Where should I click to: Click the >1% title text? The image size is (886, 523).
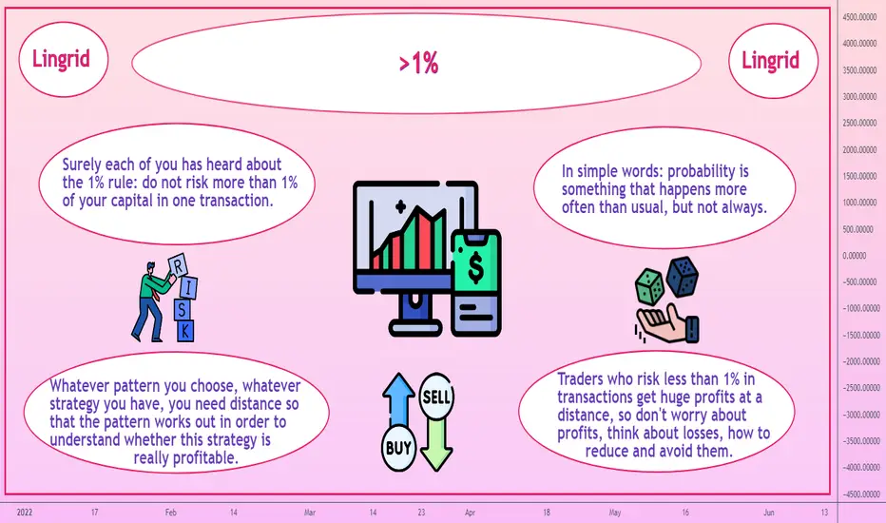coord(418,63)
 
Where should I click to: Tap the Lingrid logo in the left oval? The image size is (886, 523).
coord(61,59)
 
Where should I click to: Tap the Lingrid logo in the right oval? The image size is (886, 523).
coord(771,60)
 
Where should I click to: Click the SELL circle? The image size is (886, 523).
coord(436,396)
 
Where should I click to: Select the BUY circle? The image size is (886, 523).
coord(399,448)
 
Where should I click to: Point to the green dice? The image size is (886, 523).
coord(650,286)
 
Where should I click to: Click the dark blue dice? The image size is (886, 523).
coord(682,277)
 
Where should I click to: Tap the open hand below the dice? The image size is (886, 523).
coord(666,323)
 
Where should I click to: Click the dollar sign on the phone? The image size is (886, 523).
coord(475,267)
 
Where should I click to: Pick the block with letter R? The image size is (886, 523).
coord(178,265)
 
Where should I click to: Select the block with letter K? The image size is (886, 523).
coord(185,331)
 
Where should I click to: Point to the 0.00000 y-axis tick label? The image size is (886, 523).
coord(855,256)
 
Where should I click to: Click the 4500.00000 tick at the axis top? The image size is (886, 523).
coord(859,17)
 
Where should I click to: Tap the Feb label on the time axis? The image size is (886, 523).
coord(171,513)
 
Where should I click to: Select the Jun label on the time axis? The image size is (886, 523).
coord(769,513)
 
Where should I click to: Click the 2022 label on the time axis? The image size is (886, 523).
coord(25,513)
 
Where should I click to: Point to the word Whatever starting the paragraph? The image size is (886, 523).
coord(79,386)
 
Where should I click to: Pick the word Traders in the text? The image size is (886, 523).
coord(582,378)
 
